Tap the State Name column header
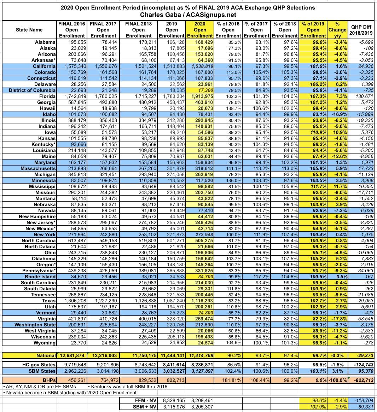(29, 30)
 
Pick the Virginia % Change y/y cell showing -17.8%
(338, 319)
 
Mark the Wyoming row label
(45, 343)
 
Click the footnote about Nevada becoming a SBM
(70, 393)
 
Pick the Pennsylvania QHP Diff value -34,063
(362, 271)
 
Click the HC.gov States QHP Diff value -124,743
(361, 365)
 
